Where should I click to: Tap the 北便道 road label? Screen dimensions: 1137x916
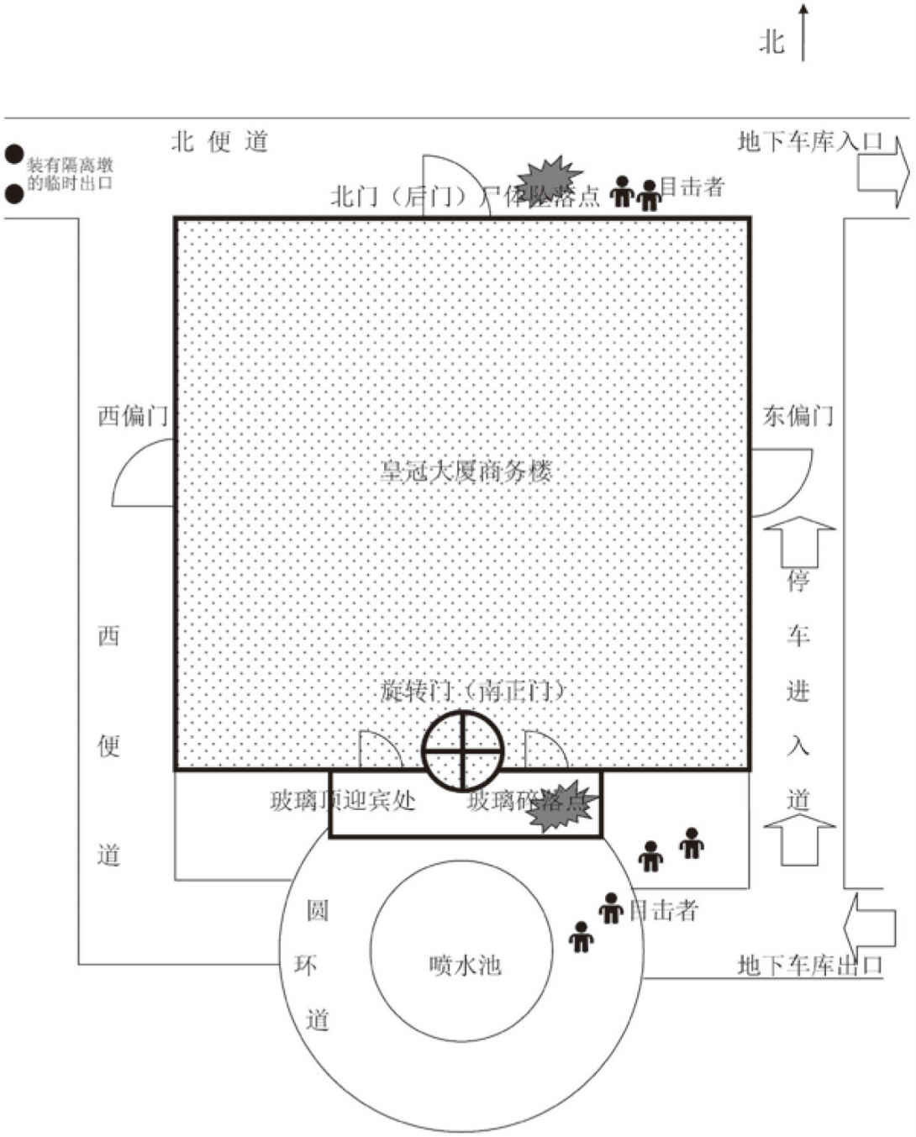coord(219,141)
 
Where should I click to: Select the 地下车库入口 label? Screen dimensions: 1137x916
coord(809,141)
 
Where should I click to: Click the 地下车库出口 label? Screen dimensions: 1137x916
coord(809,965)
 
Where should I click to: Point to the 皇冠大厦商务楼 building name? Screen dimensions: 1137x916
coord(466,471)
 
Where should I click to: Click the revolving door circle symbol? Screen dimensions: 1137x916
coord(462,750)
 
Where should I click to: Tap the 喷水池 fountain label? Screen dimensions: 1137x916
coord(465,965)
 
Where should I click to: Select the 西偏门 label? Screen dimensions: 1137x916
coord(133,415)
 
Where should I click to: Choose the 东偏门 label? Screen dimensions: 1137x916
coord(798,415)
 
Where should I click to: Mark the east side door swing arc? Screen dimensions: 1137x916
coord(782,482)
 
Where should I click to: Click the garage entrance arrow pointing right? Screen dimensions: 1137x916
coord(883,172)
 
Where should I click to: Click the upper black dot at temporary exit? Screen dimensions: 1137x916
coord(13,154)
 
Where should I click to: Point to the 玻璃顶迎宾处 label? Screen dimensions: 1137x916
coord(342,800)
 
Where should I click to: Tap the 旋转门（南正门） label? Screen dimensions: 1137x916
coord(472,691)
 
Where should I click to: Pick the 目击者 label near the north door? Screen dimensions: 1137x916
coord(692,187)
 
